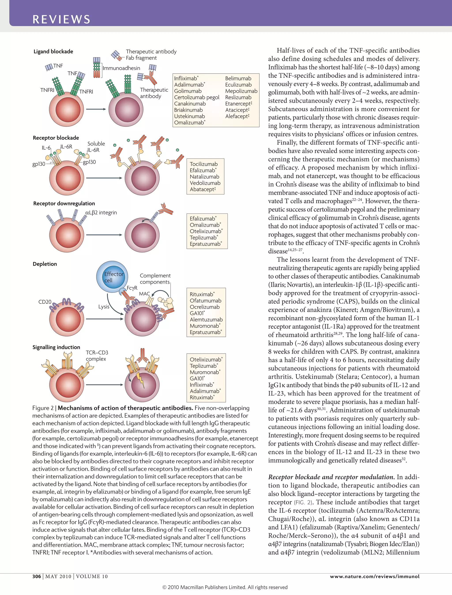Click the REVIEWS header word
click(61, 19)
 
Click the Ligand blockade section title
click(53, 51)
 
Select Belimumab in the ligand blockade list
click(238, 78)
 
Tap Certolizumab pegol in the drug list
click(197, 97)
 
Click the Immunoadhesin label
click(121, 68)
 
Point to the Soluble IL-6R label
click(96, 147)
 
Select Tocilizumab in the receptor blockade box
click(204, 164)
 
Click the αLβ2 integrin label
click(101, 213)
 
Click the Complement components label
click(155, 279)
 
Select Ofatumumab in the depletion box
click(205, 301)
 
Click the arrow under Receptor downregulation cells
click(104, 235)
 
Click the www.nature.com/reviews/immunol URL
click(375, 576)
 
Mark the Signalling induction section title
click(56, 347)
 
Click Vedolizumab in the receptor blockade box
click(205, 183)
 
